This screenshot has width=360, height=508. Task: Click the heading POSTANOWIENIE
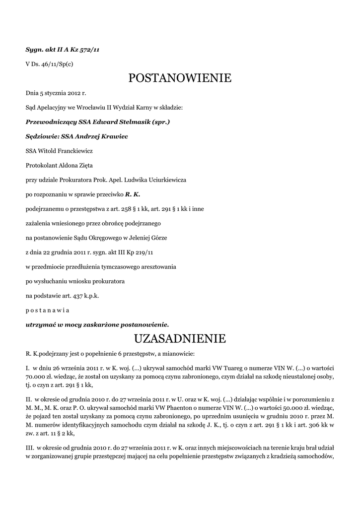(180, 78)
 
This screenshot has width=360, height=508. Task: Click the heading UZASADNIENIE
(180, 339)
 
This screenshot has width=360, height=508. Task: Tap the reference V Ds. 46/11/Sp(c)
(49, 64)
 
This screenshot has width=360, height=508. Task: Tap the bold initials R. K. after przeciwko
(133, 194)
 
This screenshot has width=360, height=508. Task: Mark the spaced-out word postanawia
(47, 311)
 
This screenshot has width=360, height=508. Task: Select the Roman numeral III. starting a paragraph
(29, 448)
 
